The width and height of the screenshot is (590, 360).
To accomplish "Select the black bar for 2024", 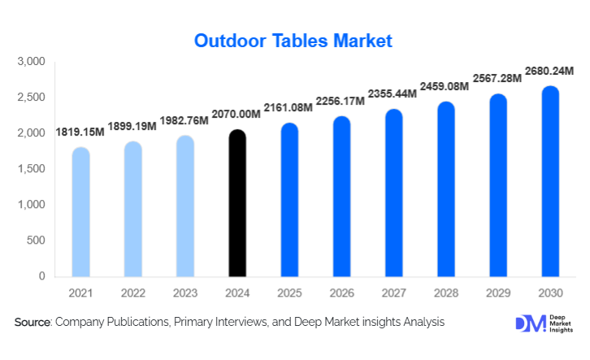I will click(236, 203).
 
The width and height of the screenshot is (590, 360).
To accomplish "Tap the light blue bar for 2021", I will click(80, 212).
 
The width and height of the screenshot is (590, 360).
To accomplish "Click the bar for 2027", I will click(393, 193).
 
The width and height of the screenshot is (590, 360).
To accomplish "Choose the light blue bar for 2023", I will click(184, 206).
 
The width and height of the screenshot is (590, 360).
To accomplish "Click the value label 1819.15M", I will click(80, 132).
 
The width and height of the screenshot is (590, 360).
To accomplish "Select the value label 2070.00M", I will click(236, 115).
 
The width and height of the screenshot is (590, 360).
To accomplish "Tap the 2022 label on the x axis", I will click(132, 292).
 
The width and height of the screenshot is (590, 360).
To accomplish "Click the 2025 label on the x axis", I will click(289, 292).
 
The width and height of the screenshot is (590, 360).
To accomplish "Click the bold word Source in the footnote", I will click(33, 323).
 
